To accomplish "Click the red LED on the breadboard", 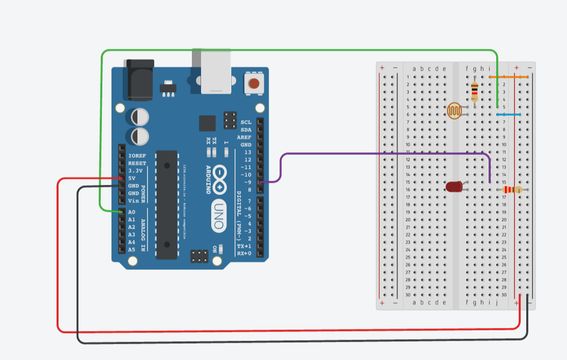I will (x=454, y=186).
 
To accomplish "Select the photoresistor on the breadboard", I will (x=455, y=110).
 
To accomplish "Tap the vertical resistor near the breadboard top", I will (x=474, y=92).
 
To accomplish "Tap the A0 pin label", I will (x=132, y=212).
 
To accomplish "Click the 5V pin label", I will (x=132, y=178).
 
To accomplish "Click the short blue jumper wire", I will (x=508, y=115).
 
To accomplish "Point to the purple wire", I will (x=382, y=153).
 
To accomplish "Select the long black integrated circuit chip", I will (x=166, y=204).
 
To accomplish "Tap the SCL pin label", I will (x=246, y=122).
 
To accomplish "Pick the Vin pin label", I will (x=133, y=201).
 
